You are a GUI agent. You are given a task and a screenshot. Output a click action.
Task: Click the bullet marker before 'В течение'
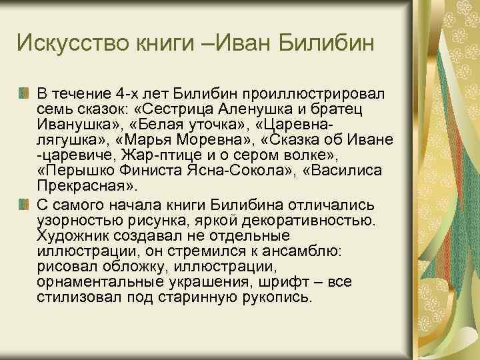click(x=25, y=91)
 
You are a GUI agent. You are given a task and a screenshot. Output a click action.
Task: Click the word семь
click(x=54, y=108)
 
